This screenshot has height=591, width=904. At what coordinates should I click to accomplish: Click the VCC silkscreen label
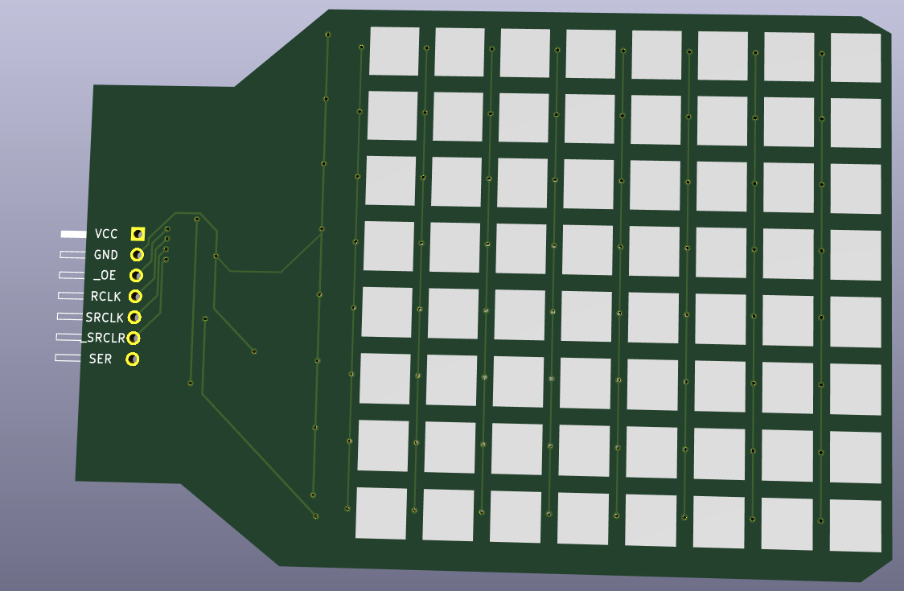pos(106,233)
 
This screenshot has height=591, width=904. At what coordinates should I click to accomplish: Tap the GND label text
pos(105,255)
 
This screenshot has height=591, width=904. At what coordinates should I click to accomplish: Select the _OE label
pos(105,276)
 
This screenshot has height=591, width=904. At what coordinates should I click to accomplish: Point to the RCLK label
pos(105,297)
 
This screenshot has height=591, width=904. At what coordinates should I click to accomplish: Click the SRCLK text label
pos(105,317)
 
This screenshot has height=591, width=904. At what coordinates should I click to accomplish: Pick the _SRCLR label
pos(103,338)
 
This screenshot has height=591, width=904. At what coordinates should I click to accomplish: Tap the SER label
pos(101,359)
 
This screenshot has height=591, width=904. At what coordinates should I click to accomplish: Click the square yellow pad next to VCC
pos(138,233)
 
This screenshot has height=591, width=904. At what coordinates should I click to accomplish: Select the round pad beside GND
pos(137,254)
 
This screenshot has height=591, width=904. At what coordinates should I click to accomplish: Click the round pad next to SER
pos(133,359)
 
